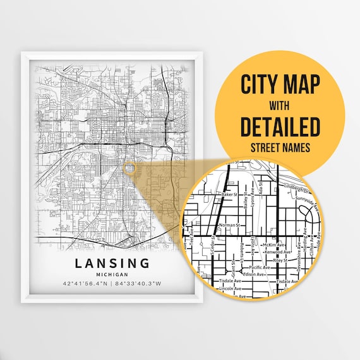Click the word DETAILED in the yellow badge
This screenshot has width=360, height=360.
tap(280, 127)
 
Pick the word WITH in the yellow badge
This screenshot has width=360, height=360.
tap(280, 105)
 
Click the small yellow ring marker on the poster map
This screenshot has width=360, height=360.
tap(129, 169)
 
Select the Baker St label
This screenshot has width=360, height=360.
tap(230, 195)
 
